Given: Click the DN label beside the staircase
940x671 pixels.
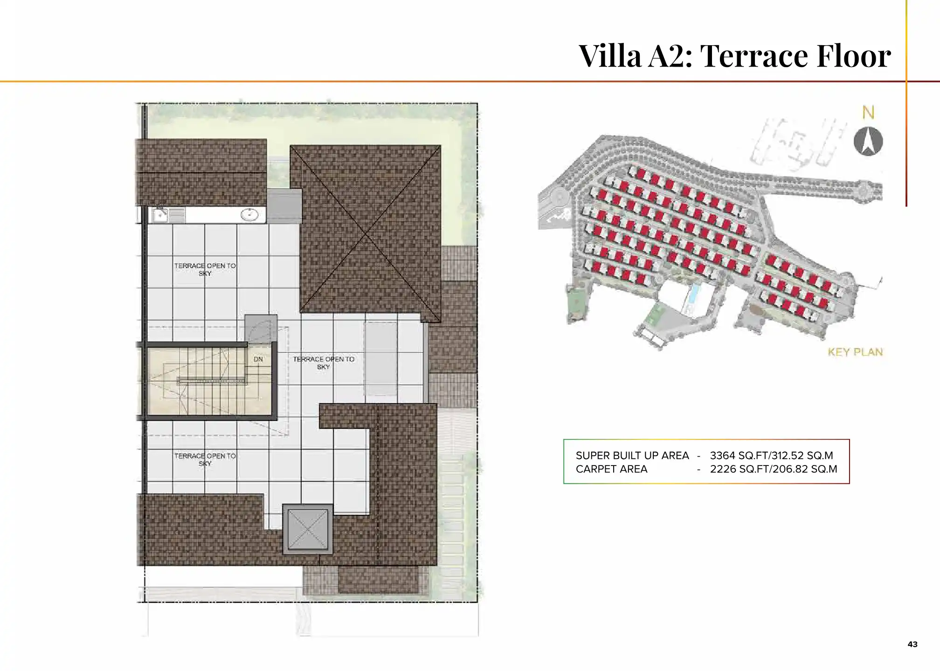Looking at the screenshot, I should coord(258,359).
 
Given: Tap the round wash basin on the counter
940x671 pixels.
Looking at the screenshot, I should coord(249,215).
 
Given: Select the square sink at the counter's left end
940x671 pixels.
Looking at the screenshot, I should coord(160,215).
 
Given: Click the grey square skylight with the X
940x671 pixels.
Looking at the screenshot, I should coord(308,529).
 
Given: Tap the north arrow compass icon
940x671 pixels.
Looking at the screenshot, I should coord(868,141).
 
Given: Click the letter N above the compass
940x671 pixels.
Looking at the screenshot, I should coord(868,113).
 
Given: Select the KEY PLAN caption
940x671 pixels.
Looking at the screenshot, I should coord(855,352).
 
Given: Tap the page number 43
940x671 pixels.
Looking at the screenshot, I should coord(912,644).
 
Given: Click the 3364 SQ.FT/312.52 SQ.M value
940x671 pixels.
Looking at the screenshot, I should coord(771,455).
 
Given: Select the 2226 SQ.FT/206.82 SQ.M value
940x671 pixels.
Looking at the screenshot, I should coord(773,469).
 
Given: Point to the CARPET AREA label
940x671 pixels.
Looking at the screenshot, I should coord(611,469).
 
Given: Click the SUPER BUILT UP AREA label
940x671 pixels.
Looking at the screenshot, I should coord(632,455).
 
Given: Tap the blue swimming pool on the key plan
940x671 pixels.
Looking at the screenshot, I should coord(694,293).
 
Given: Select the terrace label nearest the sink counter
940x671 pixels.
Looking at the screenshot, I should coord(205,269).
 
